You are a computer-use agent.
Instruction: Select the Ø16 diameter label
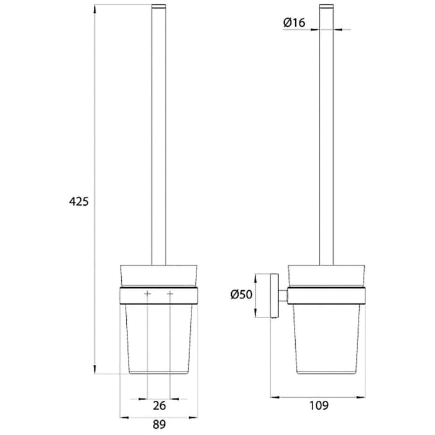click(x=293, y=23)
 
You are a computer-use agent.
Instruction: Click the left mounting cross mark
click(x=147, y=293)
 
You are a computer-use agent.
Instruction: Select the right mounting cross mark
click(x=170, y=293)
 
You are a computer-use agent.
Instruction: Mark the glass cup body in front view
click(x=159, y=336)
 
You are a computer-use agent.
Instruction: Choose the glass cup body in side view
click(x=327, y=336)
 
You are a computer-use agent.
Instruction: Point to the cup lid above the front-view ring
click(x=159, y=276)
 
